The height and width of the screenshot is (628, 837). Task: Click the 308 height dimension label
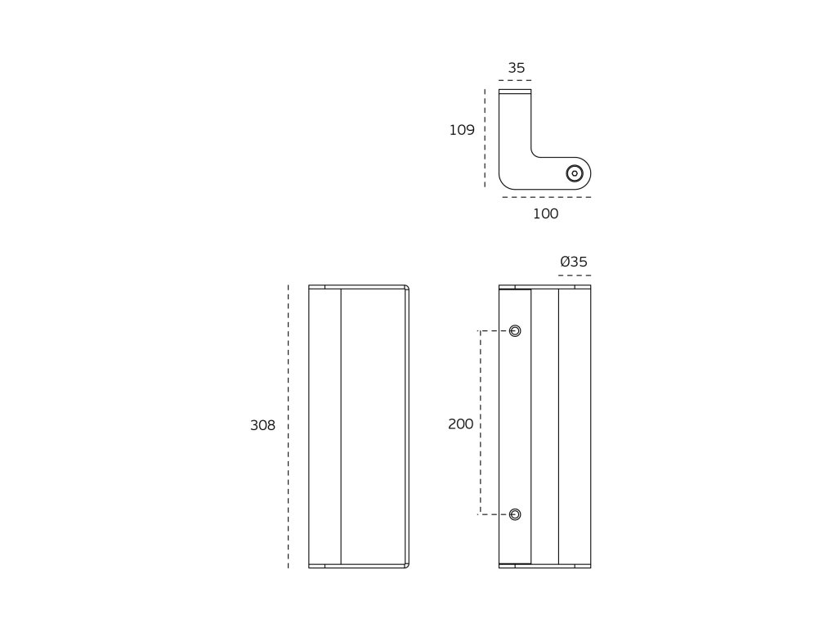262,425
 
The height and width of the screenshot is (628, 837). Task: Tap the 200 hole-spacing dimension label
461,424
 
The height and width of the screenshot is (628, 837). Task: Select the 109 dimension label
462,130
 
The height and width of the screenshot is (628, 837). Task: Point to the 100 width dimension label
545,213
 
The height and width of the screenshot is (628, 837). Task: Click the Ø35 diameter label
574,262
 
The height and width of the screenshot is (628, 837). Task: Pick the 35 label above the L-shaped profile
517,68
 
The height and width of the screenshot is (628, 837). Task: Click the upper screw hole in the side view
515,331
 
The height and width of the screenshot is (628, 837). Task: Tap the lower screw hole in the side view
515,514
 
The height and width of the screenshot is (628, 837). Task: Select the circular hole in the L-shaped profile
575,173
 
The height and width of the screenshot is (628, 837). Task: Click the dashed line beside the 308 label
289,426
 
